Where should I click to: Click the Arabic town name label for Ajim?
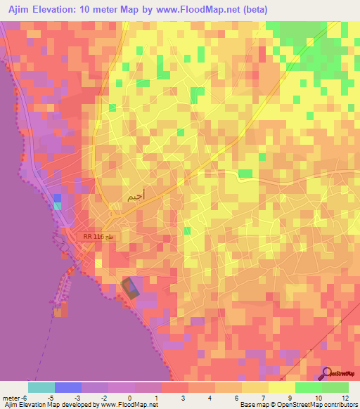point(137,197)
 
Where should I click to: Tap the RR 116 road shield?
point(97,238)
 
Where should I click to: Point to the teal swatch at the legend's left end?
point(41,387)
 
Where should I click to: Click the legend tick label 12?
point(345,397)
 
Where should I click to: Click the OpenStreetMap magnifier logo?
point(327,373)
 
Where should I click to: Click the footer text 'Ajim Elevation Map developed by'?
point(48,405)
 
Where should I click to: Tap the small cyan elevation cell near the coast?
point(58,206)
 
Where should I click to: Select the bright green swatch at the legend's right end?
point(335,387)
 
